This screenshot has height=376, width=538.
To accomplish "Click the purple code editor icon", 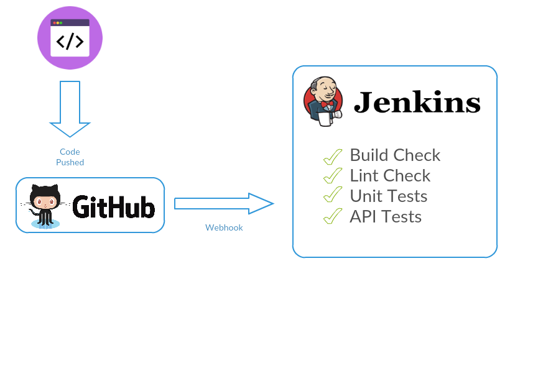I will point(70,37).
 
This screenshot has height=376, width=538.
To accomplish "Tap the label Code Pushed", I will point(70,157).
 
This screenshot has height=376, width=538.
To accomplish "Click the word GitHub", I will point(113,206).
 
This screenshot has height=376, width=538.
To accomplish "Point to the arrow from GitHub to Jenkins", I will point(224,204).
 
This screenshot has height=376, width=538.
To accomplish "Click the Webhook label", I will point(224,227).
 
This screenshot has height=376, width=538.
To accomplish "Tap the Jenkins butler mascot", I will point(322,101).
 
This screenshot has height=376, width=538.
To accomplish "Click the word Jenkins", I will point(417,103).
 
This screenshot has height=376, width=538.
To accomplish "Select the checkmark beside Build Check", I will point(333,157).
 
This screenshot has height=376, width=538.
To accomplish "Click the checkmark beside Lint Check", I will point(333,176).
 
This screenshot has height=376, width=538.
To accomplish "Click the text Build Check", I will point(395,155).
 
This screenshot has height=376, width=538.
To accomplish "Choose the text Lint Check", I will point(390,175).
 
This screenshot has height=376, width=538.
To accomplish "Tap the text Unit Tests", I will point(388,196).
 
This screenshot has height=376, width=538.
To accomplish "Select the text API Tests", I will point(386,216).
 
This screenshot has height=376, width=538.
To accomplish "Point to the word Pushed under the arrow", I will point(70,162).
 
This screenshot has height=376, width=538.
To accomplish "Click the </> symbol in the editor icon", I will point(70,42).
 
